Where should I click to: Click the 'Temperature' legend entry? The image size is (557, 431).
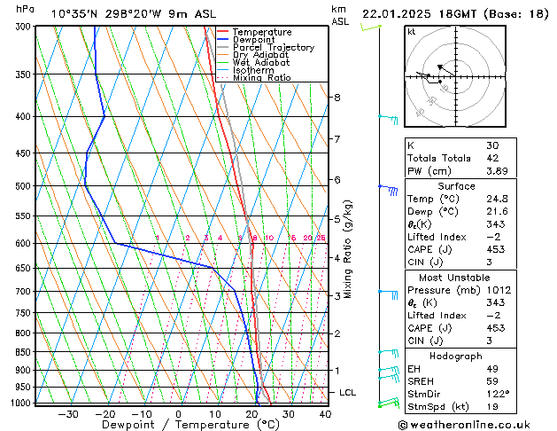262,32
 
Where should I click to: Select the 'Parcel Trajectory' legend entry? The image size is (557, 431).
273,48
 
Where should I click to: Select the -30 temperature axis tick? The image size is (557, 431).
67,413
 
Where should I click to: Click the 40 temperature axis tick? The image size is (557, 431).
325,413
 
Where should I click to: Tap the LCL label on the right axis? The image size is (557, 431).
348,392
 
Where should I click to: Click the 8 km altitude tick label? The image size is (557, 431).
337,97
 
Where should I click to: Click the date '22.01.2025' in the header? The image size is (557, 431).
397,13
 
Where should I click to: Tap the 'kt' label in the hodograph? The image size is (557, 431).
411,32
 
